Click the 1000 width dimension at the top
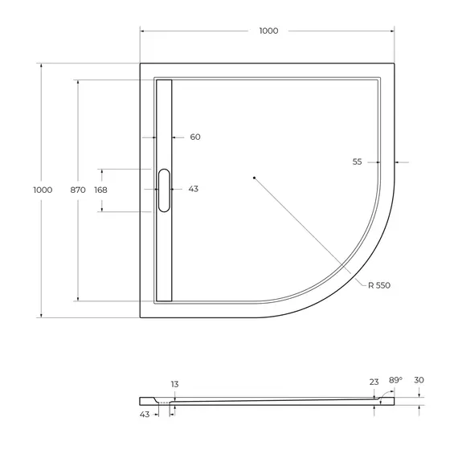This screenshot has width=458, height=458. (268, 31)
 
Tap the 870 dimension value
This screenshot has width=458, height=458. (77, 190)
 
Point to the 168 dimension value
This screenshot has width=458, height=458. (100, 190)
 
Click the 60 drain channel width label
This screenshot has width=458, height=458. (194, 137)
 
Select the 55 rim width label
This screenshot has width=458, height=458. (358, 162)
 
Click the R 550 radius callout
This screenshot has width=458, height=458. (380, 285)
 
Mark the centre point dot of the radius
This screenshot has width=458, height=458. (253, 177)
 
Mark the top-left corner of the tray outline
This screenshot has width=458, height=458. (141, 63)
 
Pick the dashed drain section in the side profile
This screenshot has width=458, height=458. (165, 403)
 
